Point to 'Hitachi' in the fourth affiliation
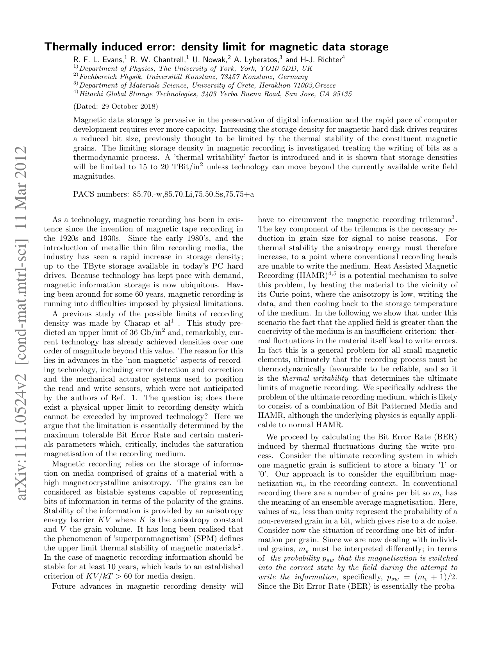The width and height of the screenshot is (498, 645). point(91,94)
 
